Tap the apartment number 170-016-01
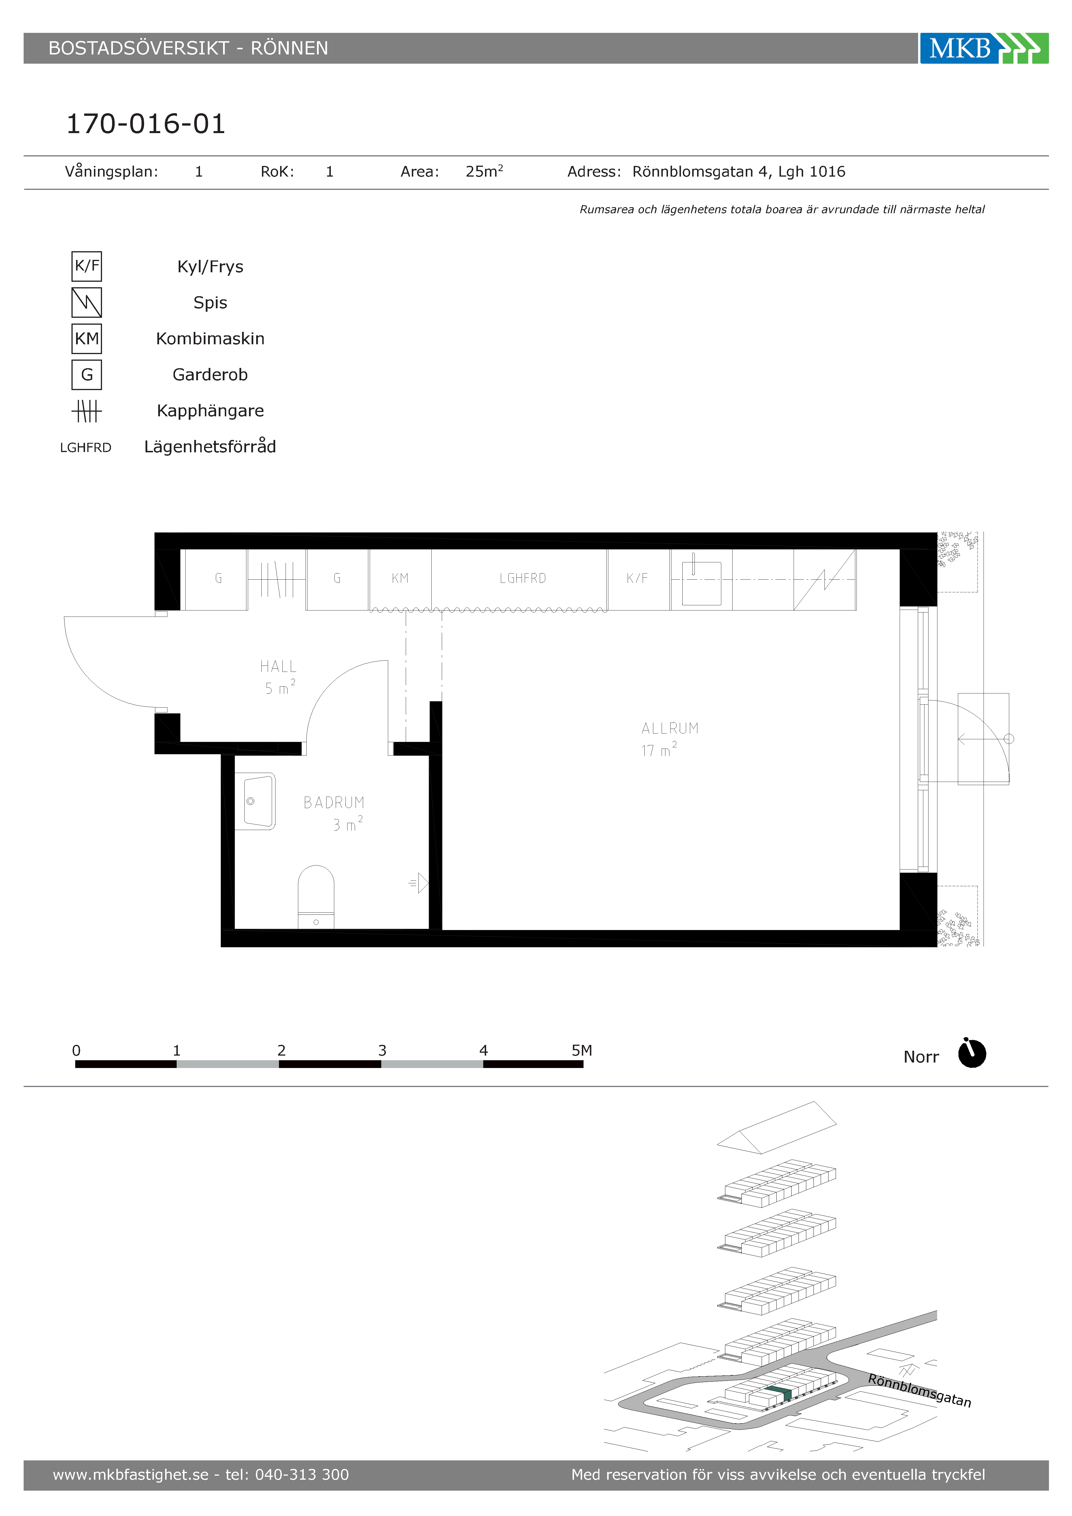point(146,124)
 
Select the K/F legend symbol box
point(86,266)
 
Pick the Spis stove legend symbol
point(86,303)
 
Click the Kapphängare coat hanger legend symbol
point(86,411)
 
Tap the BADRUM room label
point(333,802)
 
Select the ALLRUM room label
point(670,728)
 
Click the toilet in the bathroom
point(316,897)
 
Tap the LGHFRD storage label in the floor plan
point(522,579)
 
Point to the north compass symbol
point(972,1053)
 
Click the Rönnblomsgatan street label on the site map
point(919,1391)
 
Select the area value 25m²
point(484,172)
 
